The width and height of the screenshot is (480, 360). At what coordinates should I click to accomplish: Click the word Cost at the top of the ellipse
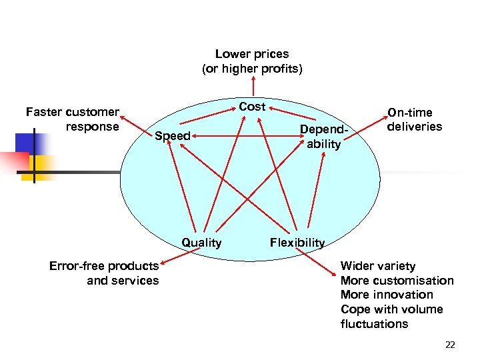(x=252, y=107)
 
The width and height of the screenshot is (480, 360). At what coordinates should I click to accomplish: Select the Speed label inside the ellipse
(x=173, y=137)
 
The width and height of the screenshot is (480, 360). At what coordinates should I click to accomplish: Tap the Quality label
(x=201, y=243)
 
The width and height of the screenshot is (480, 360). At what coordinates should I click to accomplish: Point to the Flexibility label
(x=297, y=243)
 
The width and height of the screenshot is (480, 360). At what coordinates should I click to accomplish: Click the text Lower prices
(x=252, y=54)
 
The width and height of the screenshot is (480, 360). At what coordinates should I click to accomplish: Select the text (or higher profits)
(x=252, y=69)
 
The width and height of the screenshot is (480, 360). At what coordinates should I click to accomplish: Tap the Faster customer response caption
(x=73, y=119)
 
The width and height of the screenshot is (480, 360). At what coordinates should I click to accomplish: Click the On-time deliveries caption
(x=415, y=119)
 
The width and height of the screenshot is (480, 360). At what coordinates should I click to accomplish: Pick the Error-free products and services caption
(x=105, y=273)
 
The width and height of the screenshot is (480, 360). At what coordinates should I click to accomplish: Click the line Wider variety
(x=377, y=266)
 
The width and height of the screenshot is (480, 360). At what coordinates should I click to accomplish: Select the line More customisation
(x=397, y=281)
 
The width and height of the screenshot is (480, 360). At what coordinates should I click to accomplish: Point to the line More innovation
(x=387, y=295)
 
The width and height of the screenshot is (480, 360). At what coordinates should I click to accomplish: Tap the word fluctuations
(x=374, y=324)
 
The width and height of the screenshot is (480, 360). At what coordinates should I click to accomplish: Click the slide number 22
(x=449, y=345)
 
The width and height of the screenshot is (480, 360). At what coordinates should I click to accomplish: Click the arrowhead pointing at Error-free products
(x=163, y=266)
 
